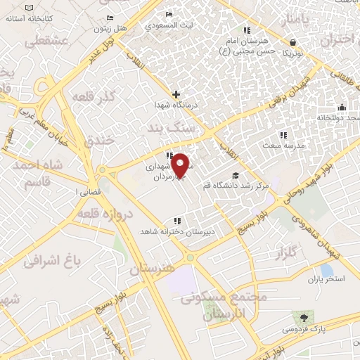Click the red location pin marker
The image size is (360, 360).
coord(181,166)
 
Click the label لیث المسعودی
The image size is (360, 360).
coord(169,25)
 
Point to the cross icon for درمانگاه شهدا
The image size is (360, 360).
coord(176,94)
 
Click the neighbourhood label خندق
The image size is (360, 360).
coord(98,141)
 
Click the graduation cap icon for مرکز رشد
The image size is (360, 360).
coord(235,176)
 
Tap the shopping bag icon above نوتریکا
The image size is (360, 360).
coord(292,42)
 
